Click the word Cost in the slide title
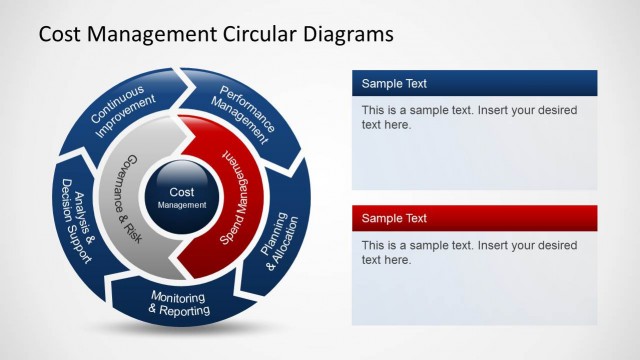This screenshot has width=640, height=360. click(62, 35)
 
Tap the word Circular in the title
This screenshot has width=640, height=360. click(259, 35)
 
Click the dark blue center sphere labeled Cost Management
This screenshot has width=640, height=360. click(182, 197)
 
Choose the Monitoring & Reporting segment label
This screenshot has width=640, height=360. click(179, 304)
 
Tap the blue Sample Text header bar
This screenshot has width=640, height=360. click(474, 83)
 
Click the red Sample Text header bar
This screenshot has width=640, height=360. click(474, 218)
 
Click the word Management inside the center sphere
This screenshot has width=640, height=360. click(182, 205)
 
